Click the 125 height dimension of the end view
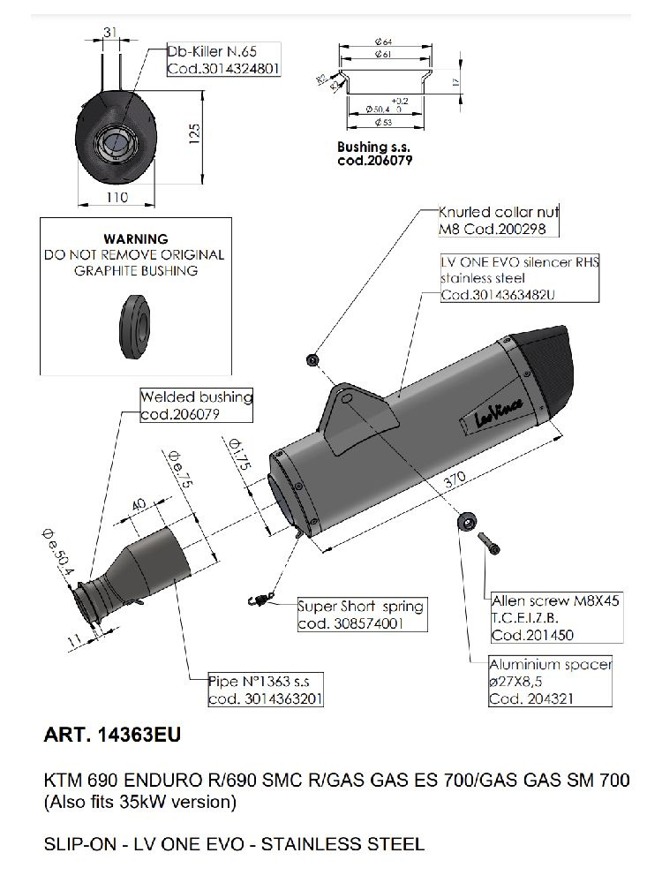coord(196,132)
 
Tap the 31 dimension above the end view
coord(109,33)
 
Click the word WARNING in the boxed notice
coord(135,238)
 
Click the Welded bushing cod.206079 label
coord(196,405)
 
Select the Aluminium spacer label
coord(550,680)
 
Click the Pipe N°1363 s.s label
coord(265,690)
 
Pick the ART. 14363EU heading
coord(112,734)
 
